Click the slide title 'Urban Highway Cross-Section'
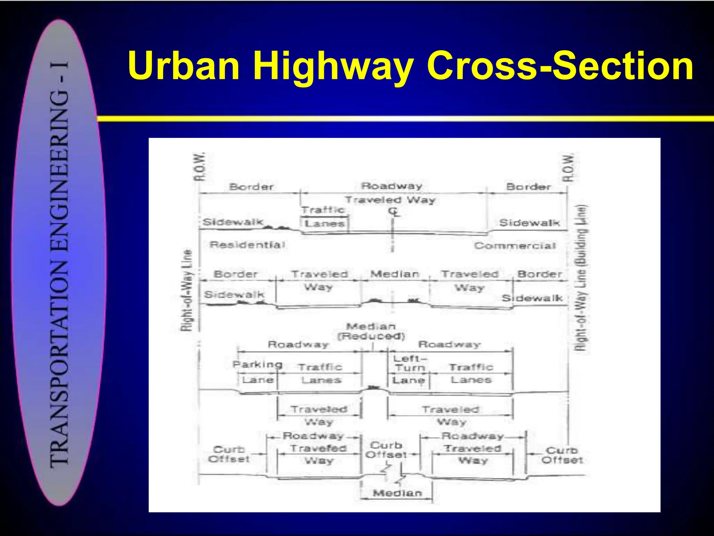tap(410, 66)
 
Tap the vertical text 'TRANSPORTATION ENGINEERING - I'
tap(60, 263)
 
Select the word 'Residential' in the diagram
tap(247, 245)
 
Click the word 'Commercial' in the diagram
tap(515, 246)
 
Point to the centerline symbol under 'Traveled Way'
tap(394, 212)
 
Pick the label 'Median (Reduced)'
tap(371, 331)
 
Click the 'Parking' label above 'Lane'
tap(258, 365)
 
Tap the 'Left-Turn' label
tap(410, 363)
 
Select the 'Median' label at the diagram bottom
tap(397, 493)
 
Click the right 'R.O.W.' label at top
tap(568, 168)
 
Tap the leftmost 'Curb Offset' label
tap(229, 454)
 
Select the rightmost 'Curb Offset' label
tap(562, 455)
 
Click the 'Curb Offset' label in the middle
tap(386, 450)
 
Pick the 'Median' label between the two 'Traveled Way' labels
tap(395, 274)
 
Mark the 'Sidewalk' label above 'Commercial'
tap(529, 223)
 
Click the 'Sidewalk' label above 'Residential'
tap(233, 222)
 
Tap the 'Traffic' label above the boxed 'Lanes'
tap(323, 210)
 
